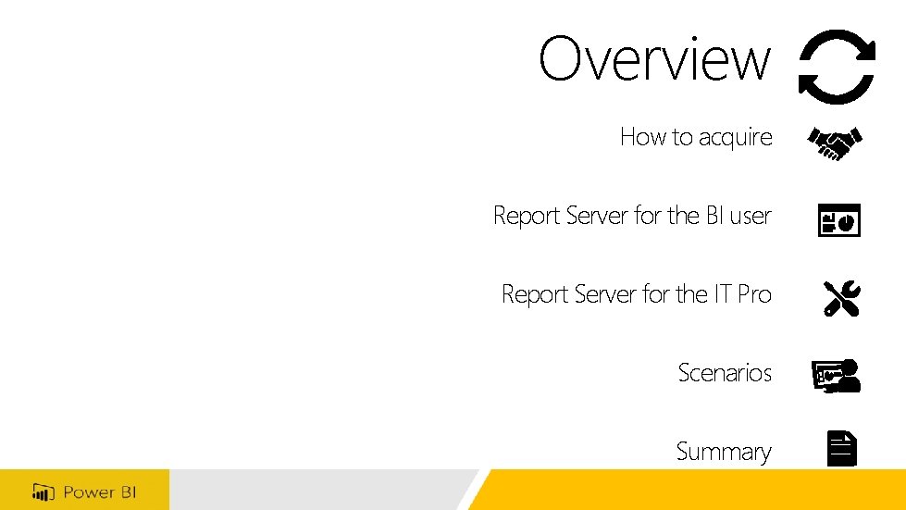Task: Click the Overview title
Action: [654, 59]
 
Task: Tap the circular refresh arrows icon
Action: [837, 66]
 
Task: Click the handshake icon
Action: [836, 143]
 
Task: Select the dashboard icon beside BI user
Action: [838, 220]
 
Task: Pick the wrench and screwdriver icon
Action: [841, 298]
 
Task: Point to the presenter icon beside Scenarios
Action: [837, 376]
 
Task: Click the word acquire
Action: [735, 138]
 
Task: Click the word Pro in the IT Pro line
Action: [754, 294]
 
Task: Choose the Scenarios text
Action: [725, 373]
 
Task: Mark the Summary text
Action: [723, 452]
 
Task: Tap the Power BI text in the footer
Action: [99, 491]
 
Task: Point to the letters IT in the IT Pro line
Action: [723, 294]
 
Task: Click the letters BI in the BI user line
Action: [714, 216]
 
